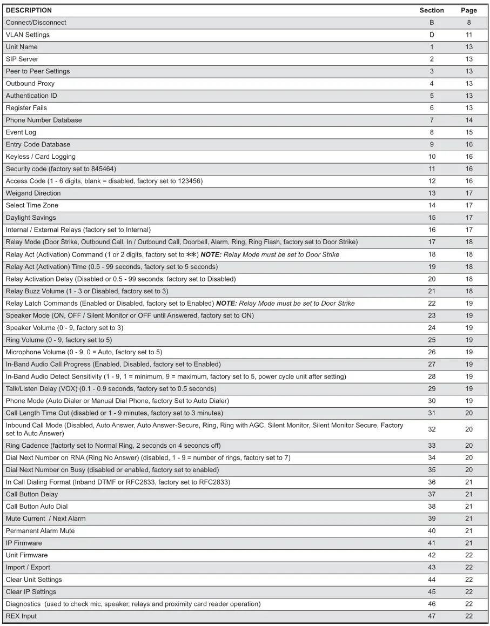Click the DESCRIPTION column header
(x=29, y=10)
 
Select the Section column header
(x=431, y=10)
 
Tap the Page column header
(x=468, y=10)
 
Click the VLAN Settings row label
(x=28, y=35)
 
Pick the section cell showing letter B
(x=431, y=23)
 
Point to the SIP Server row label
(x=22, y=59)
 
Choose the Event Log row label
(x=21, y=132)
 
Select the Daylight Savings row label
(x=31, y=217)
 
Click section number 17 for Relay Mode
(x=431, y=242)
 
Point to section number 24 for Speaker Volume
(x=431, y=327)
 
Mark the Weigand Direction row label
(x=33, y=193)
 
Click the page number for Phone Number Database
(x=468, y=120)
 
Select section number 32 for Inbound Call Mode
(x=431, y=429)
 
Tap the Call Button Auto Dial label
(x=37, y=507)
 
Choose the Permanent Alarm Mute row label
(x=41, y=531)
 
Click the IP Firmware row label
(x=24, y=543)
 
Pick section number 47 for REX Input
(x=431, y=616)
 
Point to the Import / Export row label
(x=28, y=568)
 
